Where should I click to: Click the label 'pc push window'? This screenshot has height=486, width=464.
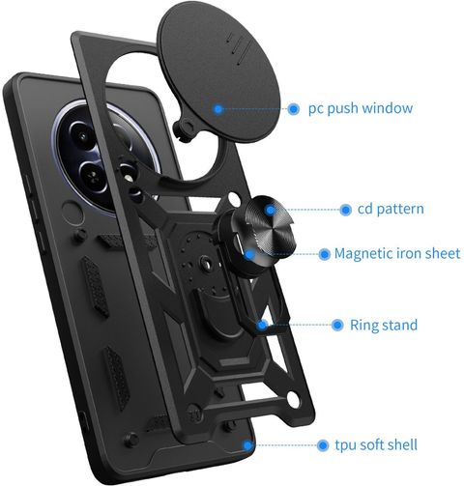point(361,108)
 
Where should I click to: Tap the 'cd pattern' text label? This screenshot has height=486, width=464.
point(391,209)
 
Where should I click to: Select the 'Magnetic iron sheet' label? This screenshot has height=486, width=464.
point(397,253)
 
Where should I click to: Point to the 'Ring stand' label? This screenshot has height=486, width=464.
point(384,325)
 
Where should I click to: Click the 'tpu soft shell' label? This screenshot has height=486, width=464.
point(376,444)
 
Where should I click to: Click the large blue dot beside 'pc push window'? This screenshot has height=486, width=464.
point(293,109)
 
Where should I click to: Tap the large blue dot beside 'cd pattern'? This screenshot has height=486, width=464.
point(345,210)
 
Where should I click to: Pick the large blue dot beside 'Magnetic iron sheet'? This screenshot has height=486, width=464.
point(325,254)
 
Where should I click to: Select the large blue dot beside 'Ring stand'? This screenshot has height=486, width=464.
point(337,325)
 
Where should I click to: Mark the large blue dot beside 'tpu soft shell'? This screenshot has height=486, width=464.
point(323,445)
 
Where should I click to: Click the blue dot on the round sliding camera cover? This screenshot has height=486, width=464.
point(218,109)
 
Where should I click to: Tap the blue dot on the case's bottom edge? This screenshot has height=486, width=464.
point(247,445)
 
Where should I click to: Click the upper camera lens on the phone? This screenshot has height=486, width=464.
point(83,136)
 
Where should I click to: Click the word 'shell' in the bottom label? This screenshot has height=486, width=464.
point(402,444)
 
